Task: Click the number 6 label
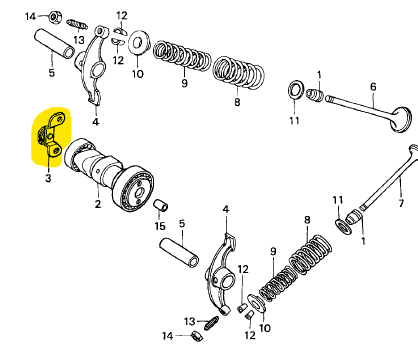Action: click(x=373, y=87)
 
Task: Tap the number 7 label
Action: click(x=401, y=202)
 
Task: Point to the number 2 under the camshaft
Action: click(x=97, y=204)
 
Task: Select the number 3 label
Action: click(x=48, y=178)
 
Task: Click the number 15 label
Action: click(x=160, y=226)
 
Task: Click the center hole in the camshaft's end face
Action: click(x=140, y=192)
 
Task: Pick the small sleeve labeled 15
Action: click(x=161, y=206)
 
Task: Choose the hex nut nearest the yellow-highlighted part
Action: click(x=54, y=17)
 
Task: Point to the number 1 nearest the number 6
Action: click(x=319, y=75)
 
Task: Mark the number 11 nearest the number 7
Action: click(x=338, y=200)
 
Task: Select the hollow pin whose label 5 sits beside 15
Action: click(x=179, y=252)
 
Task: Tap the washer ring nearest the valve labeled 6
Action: click(x=295, y=89)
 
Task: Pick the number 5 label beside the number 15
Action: click(x=182, y=223)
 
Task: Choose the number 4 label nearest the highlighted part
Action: click(x=95, y=122)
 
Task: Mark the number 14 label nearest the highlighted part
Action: click(x=31, y=16)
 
